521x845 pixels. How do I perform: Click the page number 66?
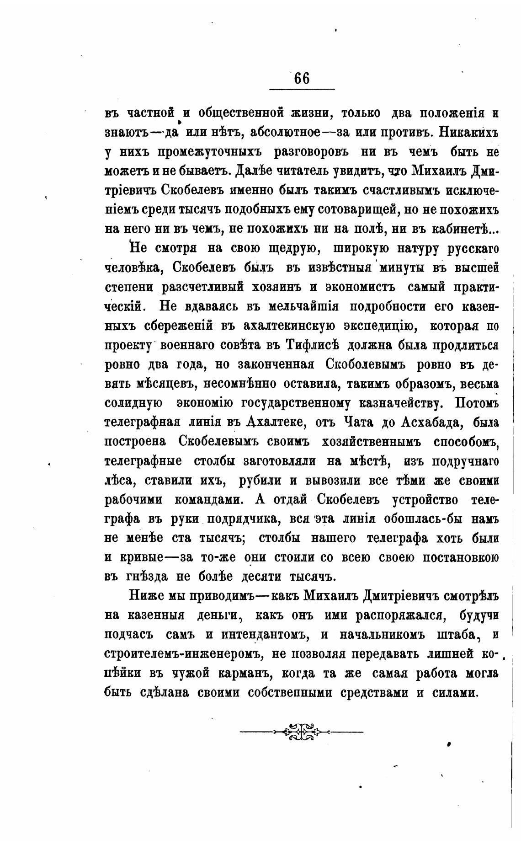click(x=302, y=78)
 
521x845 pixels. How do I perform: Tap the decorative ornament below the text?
click(x=302, y=731)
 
